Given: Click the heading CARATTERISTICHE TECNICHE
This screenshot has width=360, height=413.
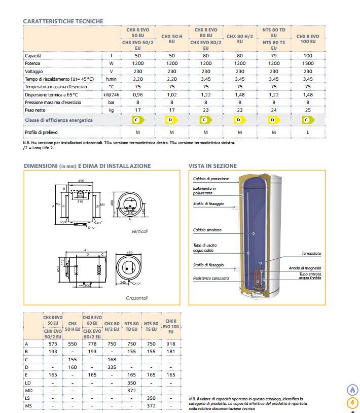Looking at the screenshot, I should tap(63, 21).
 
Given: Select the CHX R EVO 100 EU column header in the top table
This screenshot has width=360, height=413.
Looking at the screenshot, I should tap(307, 40).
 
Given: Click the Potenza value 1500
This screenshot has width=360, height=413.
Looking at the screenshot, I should tap(307, 63).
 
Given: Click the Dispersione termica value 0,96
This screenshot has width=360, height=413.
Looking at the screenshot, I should tap(138, 94).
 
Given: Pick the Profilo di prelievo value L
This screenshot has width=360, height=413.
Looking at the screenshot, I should tap(307, 132).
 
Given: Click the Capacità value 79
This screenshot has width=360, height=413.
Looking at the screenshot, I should tap(274, 55).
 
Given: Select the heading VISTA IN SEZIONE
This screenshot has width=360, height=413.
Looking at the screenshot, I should tap(212, 166).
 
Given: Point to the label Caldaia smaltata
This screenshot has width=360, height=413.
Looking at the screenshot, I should tap(207, 230).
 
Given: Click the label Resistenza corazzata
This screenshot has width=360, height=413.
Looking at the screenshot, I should tap(211, 278).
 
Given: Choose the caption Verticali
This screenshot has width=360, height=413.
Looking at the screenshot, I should tap(139, 231).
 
